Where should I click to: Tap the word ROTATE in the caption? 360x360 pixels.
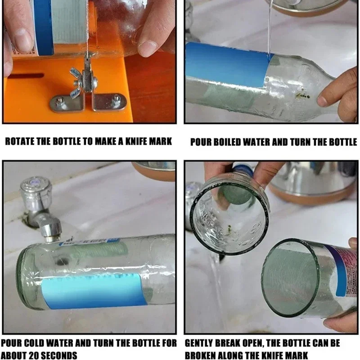20,142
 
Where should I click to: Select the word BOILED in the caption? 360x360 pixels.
235,142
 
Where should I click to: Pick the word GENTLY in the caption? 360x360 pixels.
202,343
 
